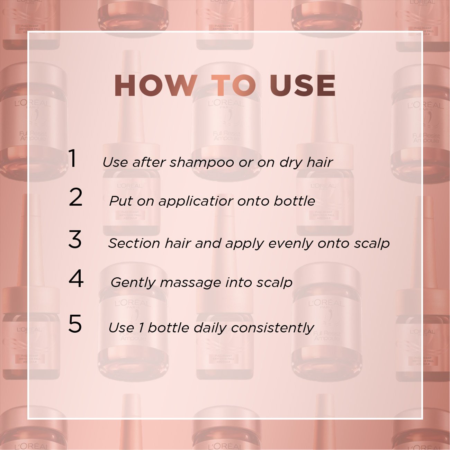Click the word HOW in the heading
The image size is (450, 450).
click(x=155, y=85)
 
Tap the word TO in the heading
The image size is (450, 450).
click(x=234, y=85)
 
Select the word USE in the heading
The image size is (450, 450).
click(x=302, y=85)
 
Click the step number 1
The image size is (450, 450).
click(x=72, y=159)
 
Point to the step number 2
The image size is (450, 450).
click(x=75, y=197)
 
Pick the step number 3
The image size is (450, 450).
click(x=75, y=240)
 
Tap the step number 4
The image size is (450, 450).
click(x=76, y=279)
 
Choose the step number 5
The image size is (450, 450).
click(x=75, y=324)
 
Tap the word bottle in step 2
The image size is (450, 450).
click(x=294, y=201)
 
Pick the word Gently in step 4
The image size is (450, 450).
click(x=133, y=283)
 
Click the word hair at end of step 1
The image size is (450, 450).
click(x=319, y=162)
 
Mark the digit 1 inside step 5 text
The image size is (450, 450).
click(x=141, y=328)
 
